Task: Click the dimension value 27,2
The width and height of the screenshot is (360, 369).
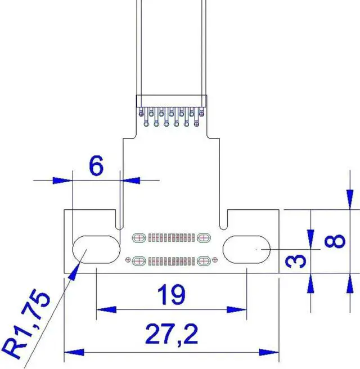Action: pos(172,336)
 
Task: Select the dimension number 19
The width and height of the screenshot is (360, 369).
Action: pos(171,294)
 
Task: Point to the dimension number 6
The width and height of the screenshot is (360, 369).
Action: pos(96,166)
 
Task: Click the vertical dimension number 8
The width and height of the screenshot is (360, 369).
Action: pos(336,241)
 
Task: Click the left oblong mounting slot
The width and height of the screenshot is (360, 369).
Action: pos(96,249)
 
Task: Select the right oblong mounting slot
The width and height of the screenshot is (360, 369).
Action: pos(247,249)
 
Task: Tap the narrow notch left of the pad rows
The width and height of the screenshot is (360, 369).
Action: pos(118,219)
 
